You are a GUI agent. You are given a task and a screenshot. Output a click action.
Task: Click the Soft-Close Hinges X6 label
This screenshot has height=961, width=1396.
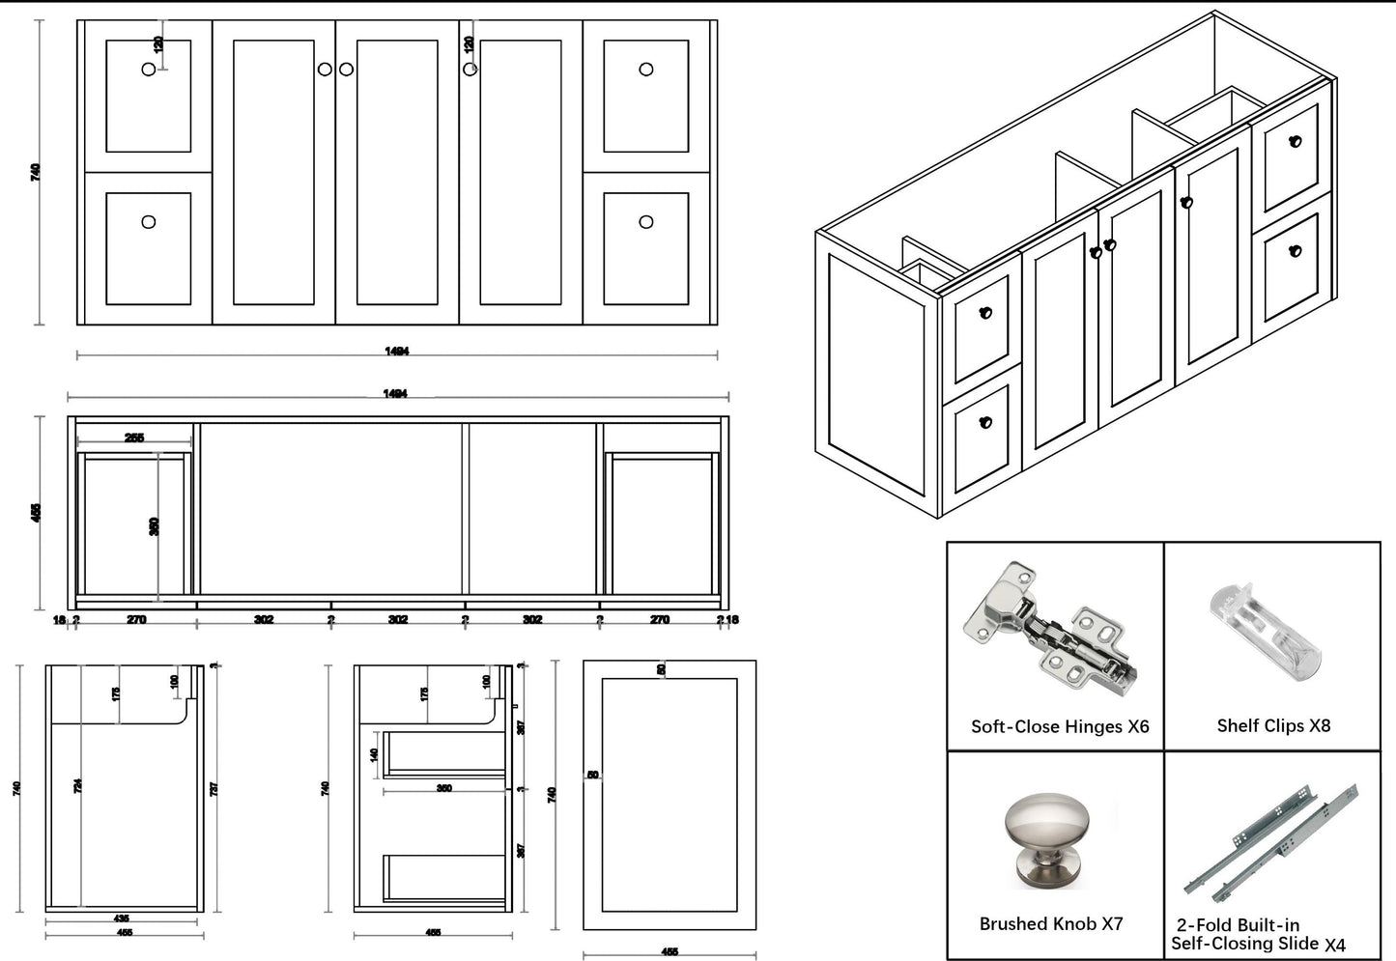tap(1060, 726)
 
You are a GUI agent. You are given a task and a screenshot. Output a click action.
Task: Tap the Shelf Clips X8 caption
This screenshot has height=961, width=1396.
tap(1272, 725)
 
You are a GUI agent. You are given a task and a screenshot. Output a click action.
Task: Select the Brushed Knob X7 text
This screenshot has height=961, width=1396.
tap(1051, 923)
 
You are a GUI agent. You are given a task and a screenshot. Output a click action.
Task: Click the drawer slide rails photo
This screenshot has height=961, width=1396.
tap(1272, 840)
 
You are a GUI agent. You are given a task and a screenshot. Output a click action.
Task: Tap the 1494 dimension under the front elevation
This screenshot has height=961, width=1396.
tap(396, 352)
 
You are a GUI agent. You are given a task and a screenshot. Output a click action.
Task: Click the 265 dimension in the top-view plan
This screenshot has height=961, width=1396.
tap(134, 438)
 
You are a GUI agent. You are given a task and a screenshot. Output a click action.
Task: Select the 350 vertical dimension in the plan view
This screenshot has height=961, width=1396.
tap(155, 526)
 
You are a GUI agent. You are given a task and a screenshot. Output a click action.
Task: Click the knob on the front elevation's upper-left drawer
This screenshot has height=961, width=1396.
tap(149, 70)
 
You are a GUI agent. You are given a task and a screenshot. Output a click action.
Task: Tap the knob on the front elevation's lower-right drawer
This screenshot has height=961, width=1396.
tap(646, 222)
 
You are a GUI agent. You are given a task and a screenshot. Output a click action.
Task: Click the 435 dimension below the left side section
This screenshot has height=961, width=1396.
tap(121, 919)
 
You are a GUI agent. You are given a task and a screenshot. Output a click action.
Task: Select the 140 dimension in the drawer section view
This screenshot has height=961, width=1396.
tap(375, 754)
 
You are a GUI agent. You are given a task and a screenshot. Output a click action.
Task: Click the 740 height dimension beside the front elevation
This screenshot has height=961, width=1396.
tap(36, 172)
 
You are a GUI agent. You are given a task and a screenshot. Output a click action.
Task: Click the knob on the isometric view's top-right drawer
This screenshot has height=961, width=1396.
tap(1296, 141)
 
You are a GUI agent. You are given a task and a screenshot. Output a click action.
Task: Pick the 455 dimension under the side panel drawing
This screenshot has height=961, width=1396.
tap(669, 951)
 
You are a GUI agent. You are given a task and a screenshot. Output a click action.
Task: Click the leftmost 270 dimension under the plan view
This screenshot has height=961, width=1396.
tap(136, 619)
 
